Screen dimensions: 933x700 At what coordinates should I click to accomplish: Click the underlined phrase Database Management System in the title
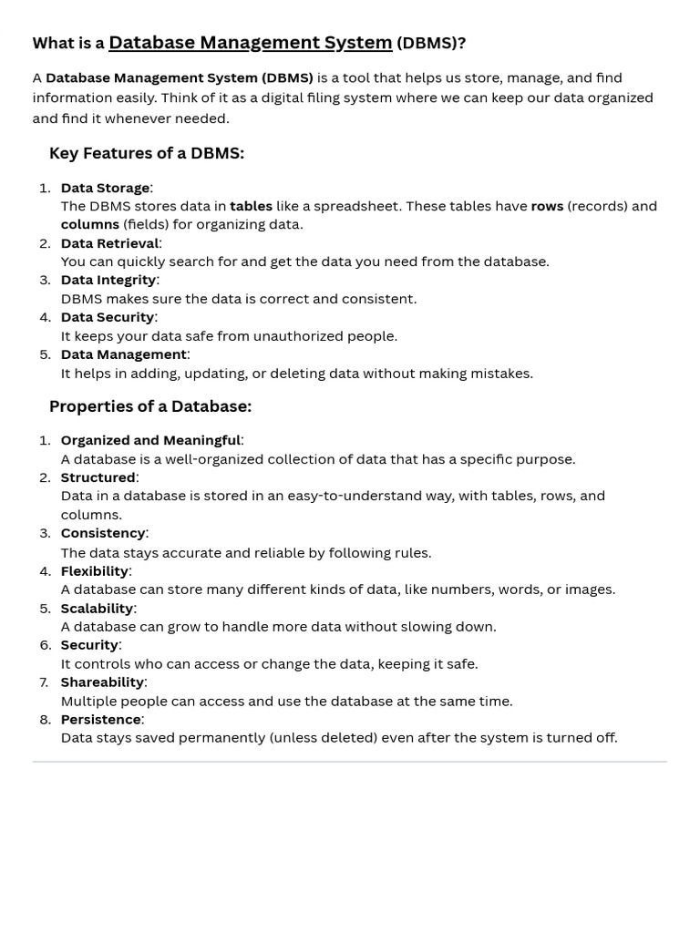(x=250, y=43)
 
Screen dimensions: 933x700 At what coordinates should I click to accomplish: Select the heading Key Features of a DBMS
(x=147, y=153)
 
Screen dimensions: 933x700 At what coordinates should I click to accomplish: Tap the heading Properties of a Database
(x=150, y=406)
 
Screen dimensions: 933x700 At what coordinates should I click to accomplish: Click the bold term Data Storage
(x=105, y=188)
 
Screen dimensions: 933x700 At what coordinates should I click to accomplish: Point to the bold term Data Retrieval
(x=109, y=243)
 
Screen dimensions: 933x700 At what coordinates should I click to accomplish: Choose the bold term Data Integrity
(x=108, y=280)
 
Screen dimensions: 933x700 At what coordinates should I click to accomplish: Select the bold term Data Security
(x=108, y=317)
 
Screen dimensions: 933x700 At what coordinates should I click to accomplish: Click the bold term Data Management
(x=123, y=354)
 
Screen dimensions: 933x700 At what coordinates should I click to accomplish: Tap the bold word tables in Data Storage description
(x=251, y=206)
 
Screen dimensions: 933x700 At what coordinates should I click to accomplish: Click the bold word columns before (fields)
(x=90, y=224)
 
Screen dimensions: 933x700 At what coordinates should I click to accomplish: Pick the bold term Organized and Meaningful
(x=150, y=440)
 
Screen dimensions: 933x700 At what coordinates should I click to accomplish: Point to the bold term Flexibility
(x=94, y=571)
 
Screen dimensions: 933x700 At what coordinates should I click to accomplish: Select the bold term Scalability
(x=97, y=609)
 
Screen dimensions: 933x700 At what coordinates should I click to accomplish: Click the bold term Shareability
(x=102, y=682)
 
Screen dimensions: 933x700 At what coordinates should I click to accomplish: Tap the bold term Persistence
(x=100, y=720)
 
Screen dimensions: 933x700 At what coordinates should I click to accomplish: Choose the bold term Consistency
(x=103, y=533)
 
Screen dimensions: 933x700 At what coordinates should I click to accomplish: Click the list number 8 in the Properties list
(x=46, y=720)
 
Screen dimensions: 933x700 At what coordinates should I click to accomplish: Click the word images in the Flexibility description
(x=588, y=590)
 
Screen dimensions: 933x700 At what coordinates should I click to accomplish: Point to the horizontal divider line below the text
(x=350, y=762)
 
